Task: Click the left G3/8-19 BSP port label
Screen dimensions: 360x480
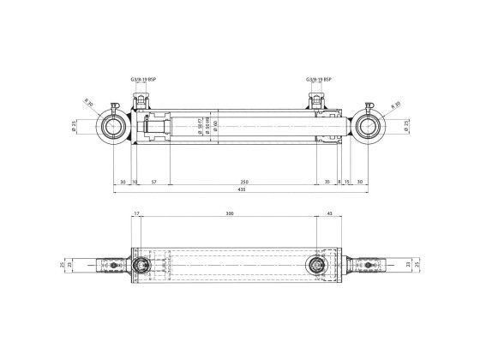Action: (x=143, y=79)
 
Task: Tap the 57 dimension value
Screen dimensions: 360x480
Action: (x=153, y=182)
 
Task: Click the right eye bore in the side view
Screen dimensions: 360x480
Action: (x=371, y=129)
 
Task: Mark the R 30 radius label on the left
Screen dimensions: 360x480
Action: (x=89, y=106)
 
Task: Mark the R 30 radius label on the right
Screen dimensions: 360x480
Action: (x=395, y=106)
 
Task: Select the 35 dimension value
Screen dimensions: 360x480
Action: (x=327, y=182)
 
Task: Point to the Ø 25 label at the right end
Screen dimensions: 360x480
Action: (x=405, y=129)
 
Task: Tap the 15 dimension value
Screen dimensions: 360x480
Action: (x=347, y=182)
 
